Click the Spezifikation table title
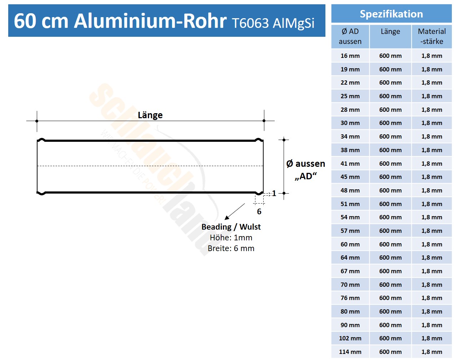click(x=391, y=14)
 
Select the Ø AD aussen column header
click(x=350, y=36)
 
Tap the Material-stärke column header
click(x=431, y=36)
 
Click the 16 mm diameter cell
click(x=350, y=56)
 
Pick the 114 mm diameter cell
click(x=350, y=352)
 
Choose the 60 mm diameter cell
click(x=350, y=244)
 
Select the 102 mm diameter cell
click(x=350, y=338)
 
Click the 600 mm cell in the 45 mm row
click(x=390, y=177)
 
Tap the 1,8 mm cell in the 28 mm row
click(x=431, y=110)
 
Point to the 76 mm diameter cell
click(x=350, y=298)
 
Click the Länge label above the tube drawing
click(x=150, y=115)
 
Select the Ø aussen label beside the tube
click(x=305, y=164)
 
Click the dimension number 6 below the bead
click(x=259, y=211)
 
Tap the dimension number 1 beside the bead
click(x=274, y=194)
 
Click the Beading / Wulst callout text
click(x=231, y=227)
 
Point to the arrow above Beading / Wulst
click(x=235, y=211)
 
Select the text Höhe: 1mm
click(x=231, y=237)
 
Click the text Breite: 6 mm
click(x=231, y=248)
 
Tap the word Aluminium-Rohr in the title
click(x=150, y=21)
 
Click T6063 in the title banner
click(x=250, y=23)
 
